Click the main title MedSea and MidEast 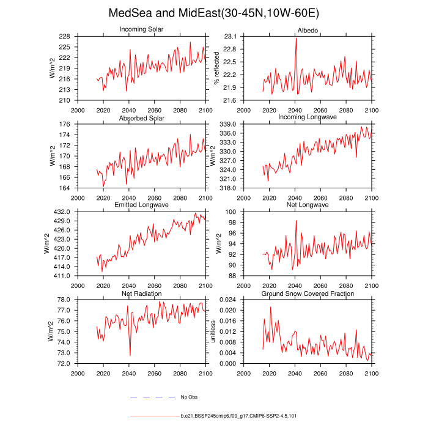(213, 13)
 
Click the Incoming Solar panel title (141, 30)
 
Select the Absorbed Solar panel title (141, 118)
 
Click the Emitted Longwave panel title (141, 205)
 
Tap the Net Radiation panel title (141, 294)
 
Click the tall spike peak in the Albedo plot (296, 39)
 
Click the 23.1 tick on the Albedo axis (231, 36)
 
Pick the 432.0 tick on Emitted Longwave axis (65, 212)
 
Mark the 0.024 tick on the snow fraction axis (227, 300)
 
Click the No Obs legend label (189, 397)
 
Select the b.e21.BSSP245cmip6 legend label (239, 416)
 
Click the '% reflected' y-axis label (216, 68)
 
